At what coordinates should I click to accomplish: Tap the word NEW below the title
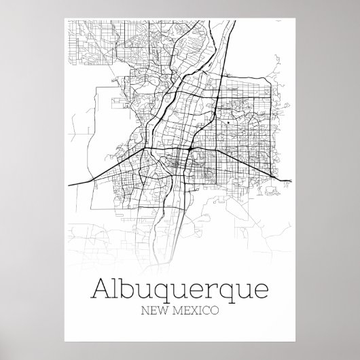pos(153,312)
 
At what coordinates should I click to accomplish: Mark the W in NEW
pos(162,312)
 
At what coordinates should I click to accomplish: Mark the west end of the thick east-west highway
pos(71,184)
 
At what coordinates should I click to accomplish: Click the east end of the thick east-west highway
pos(291,180)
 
